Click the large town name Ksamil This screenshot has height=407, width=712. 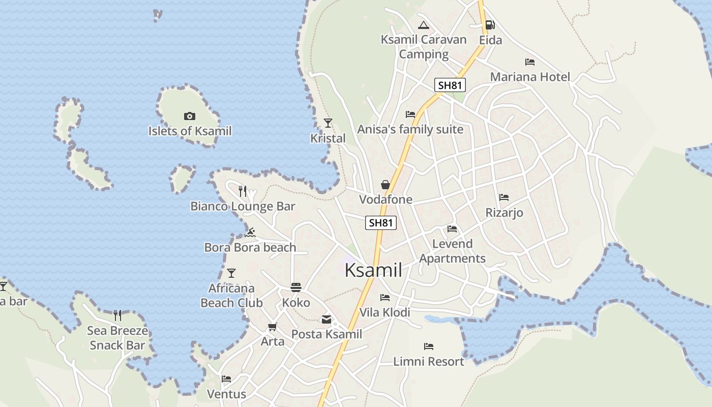(x=373, y=270)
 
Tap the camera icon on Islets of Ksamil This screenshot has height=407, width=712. (x=189, y=117)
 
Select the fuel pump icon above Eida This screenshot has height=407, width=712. (x=490, y=25)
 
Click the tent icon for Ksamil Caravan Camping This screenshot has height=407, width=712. (x=423, y=25)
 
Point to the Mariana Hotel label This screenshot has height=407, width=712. (x=530, y=77)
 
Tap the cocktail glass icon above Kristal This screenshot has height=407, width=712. (x=328, y=123)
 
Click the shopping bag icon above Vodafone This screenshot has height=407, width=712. (x=385, y=184)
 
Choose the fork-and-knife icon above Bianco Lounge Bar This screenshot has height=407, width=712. (x=243, y=191)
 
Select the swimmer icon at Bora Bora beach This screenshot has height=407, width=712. (x=250, y=232)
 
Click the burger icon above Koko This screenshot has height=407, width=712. (x=296, y=287)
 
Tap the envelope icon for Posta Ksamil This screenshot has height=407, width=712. (x=326, y=319)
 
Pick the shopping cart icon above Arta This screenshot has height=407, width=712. (x=273, y=327)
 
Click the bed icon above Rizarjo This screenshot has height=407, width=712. (x=504, y=197)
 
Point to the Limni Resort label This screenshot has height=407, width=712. (x=429, y=362)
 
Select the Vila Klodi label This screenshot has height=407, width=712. (x=384, y=312)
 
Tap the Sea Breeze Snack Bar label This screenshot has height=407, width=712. (x=117, y=338)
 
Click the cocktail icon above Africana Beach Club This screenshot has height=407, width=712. (x=231, y=273)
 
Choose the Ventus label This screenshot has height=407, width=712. (x=226, y=394)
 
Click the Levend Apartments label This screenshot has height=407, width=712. (x=452, y=251)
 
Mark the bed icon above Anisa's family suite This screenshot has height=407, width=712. (x=410, y=114)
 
